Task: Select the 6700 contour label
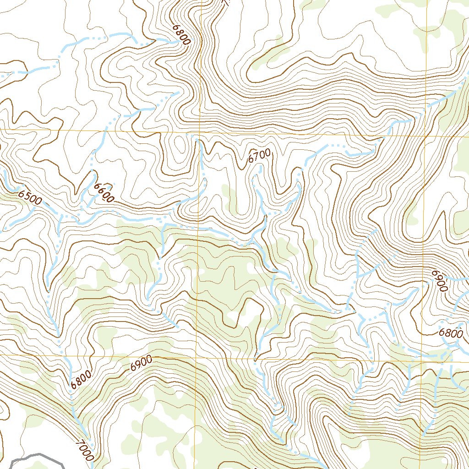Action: (x=259, y=156)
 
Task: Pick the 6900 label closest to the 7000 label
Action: (x=141, y=364)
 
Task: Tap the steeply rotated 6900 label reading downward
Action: (x=439, y=280)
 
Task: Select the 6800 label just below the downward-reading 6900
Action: (x=451, y=333)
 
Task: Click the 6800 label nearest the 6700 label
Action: (x=181, y=34)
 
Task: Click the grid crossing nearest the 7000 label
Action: (x=197, y=355)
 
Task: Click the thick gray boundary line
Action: (x=37, y=456)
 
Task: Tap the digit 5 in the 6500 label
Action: (x=27, y=196)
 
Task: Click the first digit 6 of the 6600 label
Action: (x=97, y=186)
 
